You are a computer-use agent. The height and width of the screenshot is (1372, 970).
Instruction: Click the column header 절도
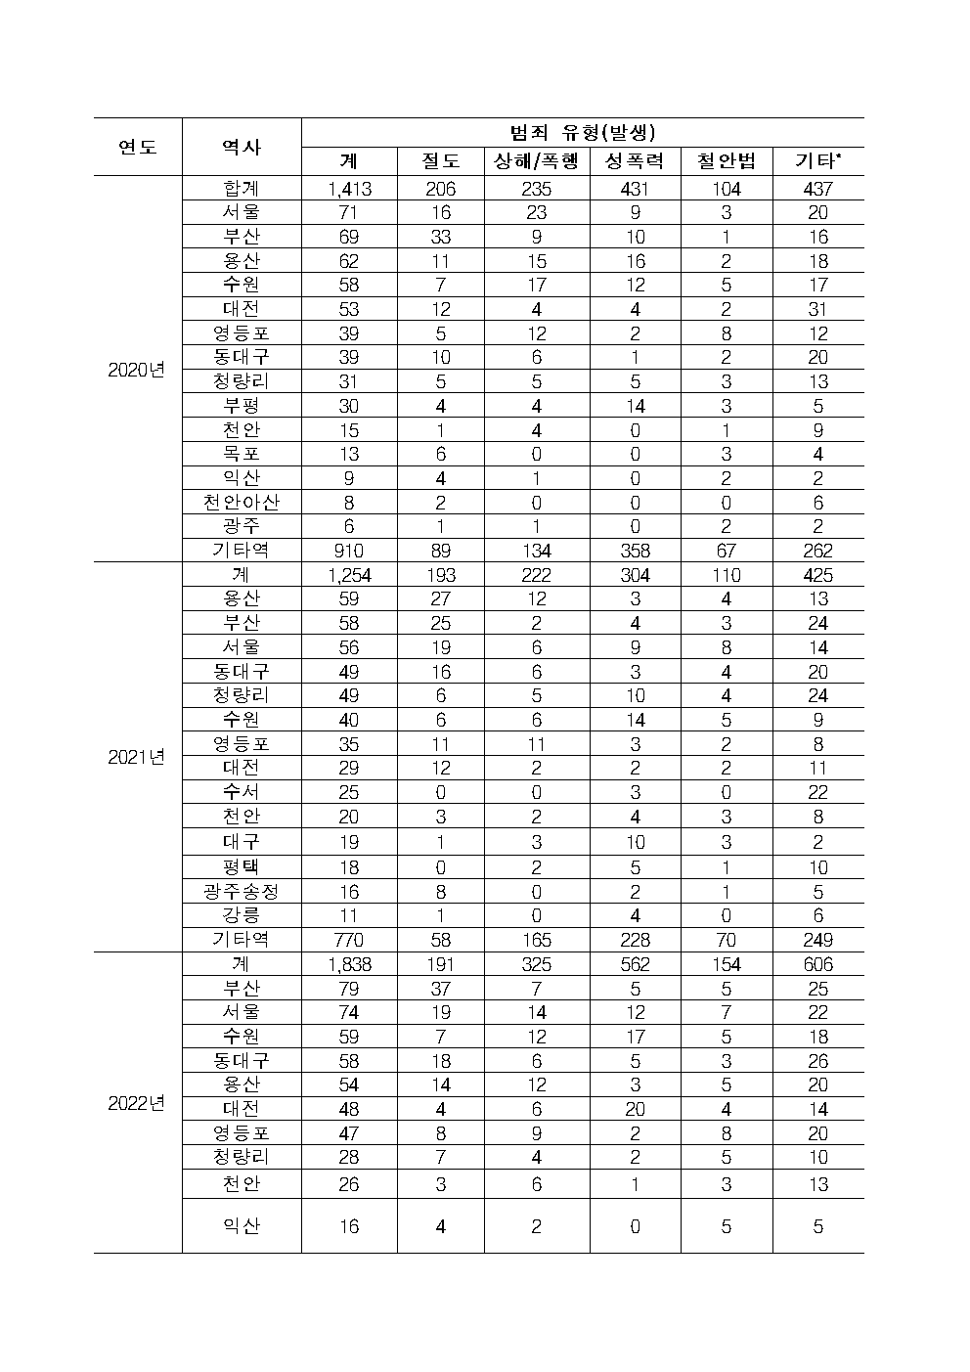[x=441, y=161]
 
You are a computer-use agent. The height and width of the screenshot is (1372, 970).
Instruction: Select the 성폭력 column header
[x=635, y=161]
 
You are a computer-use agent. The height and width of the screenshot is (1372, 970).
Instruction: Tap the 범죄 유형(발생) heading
[x=582, y=132]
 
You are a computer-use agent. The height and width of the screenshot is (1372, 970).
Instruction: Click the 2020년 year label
[x=137, y=370]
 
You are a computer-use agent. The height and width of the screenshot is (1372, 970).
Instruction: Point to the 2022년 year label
[x=137, y=1103]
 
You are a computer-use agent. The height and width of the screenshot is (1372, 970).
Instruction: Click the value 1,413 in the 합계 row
[x=349, y=189]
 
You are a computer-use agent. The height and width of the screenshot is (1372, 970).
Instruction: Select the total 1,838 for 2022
[x=349, y=964]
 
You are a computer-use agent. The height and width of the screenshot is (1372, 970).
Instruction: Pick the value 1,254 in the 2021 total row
[x=349, y=575]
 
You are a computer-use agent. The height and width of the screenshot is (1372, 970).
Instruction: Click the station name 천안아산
[x=242, y=503]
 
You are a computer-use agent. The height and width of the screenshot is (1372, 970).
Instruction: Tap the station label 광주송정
[x=242, y=891]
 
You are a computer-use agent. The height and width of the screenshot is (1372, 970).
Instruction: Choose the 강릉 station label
[x=242, y=915]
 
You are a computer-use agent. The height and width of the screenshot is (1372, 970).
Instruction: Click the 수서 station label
[x=242, y=792]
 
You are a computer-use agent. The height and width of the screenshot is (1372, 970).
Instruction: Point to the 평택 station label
[x=242, y=866]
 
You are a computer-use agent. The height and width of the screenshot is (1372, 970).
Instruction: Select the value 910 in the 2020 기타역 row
[x=349, y=552]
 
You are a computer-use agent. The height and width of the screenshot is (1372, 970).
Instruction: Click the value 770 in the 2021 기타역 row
[x=349, y=940]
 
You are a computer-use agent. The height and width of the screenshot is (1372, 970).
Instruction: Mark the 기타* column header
[x=818, y=161]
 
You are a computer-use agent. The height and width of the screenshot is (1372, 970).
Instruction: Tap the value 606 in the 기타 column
[x=818, y=964]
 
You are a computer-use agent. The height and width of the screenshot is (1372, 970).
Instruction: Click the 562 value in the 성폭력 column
[x=635, y=964]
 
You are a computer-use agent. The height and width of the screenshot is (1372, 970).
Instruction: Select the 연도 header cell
[x=138, y=147]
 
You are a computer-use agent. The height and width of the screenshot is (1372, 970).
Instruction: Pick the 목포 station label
[x=242, y=454]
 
